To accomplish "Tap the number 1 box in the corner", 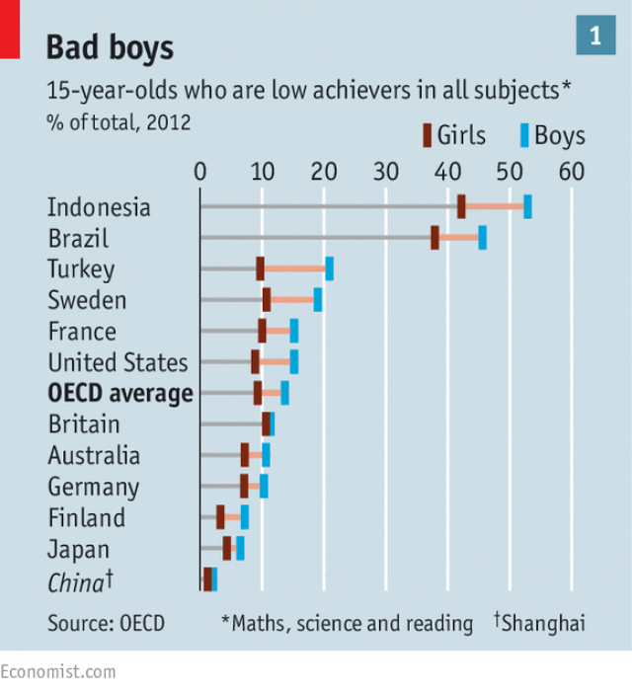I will (595, 37).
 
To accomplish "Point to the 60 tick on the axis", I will (571, 171).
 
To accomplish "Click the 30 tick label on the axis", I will (385, 171).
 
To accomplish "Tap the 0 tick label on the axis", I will (200, 171).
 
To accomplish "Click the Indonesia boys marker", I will (527, 206).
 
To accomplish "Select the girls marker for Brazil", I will (434, 238).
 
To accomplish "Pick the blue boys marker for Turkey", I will (329, 269).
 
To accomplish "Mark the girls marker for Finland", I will (220, 517).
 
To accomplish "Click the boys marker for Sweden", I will (318, 299).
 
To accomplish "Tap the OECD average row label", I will (120, 393).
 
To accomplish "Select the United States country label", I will (118, 362).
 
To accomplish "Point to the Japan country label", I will (78, 549).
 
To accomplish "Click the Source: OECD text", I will (106, 623).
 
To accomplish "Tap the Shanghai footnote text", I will (542, 623).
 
